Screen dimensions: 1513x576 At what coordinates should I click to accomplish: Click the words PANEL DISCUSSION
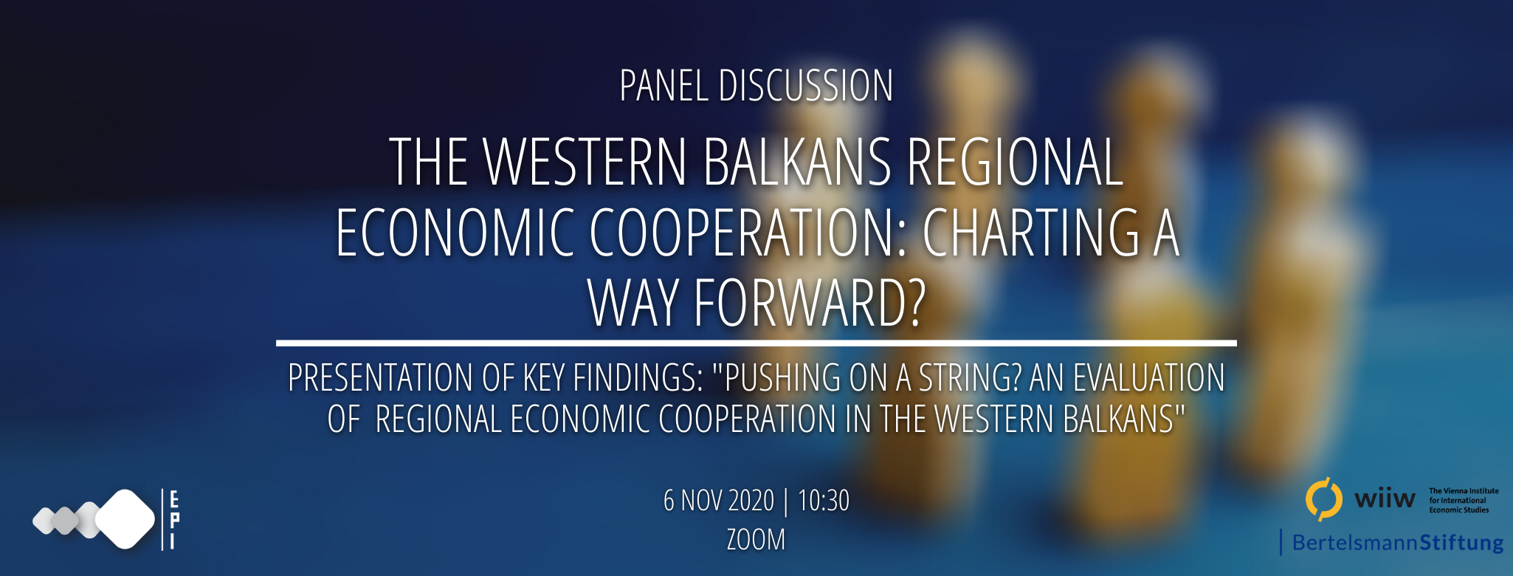[756, 86]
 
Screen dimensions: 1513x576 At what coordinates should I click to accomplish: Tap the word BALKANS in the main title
[797, 162]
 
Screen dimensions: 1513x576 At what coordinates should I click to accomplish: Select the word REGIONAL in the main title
[1015, 162]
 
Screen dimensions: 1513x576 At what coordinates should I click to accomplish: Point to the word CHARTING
[1031, 233]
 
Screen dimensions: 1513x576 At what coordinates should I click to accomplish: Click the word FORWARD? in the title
[809, 303]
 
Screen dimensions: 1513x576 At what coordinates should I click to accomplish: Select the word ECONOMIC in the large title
[455, 233]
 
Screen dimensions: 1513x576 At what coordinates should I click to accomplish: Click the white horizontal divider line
[756, 343]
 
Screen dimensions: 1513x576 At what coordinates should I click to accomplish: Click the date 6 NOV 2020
[719, 501]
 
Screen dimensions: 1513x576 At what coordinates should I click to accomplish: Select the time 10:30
[824, 501]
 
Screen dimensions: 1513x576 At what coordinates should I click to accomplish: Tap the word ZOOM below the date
[756, 540]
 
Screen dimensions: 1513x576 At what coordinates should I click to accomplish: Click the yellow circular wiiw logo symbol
[1323, 499]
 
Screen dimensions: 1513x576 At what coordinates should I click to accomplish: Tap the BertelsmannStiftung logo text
[1398, 543]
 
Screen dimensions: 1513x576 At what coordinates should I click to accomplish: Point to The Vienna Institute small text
[1464, 491]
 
